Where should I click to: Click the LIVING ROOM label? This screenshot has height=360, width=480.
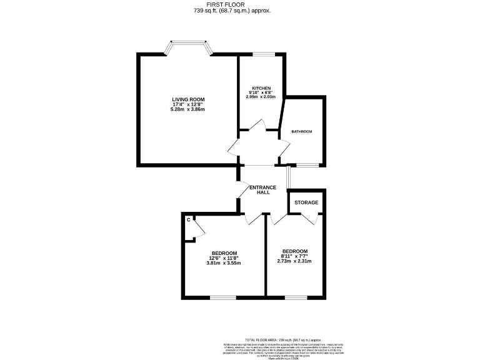pos(187,99)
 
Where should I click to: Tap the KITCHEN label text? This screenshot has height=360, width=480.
pos(261,88)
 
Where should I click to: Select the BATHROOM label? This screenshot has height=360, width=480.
pos(302,131)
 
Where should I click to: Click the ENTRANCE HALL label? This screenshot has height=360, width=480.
pos(263,190)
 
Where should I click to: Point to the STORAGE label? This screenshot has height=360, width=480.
pos(306,202)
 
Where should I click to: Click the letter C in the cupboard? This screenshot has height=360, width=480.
pos(188,219)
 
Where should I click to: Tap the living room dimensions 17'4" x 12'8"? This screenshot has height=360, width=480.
pos(187,104)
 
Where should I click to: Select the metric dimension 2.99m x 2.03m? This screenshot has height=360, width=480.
pos(261,97)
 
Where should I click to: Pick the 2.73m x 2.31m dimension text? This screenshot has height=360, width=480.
pos(294,261)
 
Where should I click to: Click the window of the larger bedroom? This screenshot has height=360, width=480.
pos(222,297)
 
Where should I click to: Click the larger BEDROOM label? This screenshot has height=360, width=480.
pos(223,252)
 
